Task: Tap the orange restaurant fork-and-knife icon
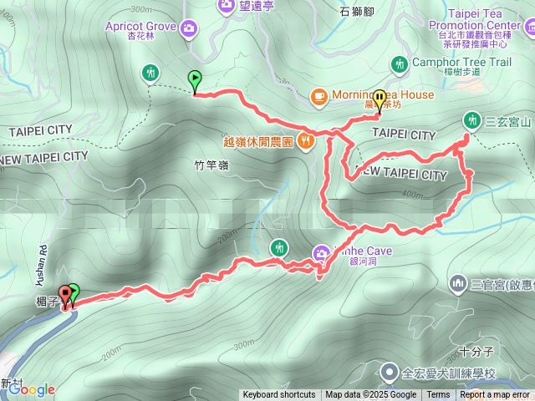click(x=306, y=141)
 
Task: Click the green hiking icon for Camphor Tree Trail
click(x=400, y=63)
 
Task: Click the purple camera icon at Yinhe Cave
click(x=322, y=253)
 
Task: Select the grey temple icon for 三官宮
click(x=457, y=284)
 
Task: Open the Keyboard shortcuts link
click(x=279, y=395)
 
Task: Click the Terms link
click(x=438, y=395)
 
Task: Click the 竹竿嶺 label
click(x=210, y=165)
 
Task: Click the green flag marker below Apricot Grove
click(x=196, y=81)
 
